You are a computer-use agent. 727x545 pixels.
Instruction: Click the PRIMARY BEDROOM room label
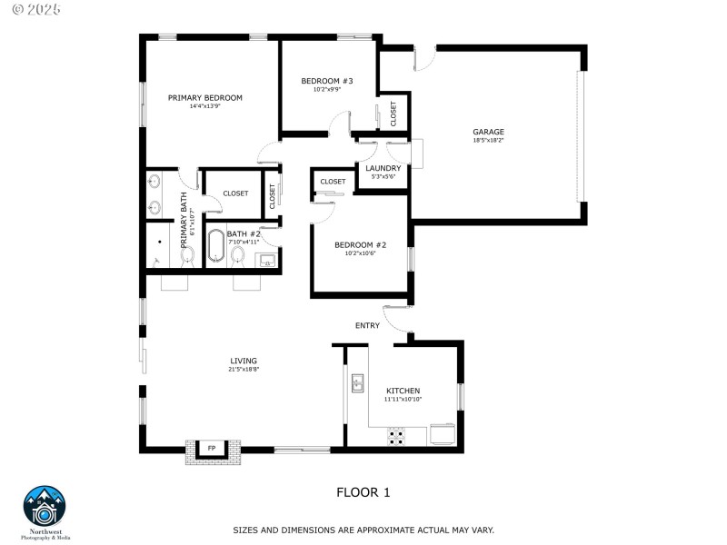[x=204, y=97]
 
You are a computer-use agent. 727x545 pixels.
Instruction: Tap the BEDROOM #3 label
[x=326, y=81]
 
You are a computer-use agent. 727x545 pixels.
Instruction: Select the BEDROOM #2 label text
[x=360, y=244]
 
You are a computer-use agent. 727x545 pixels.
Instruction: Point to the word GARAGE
[x=488, y=132]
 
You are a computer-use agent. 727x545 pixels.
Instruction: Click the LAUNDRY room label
[x=383, y=168]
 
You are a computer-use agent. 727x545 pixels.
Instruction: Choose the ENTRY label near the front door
[x=367, y=325]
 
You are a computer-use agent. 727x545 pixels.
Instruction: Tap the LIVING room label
[x=243, y=361]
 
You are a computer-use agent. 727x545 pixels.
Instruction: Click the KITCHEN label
[x=403, y=390]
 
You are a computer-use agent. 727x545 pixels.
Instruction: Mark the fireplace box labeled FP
[x=212, y=448]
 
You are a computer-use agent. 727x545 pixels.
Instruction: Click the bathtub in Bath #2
[x=215, y=247]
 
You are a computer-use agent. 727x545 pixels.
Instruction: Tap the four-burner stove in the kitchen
[x=397, y=437]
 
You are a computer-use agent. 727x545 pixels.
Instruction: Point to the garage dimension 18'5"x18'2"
[x=488, y=141]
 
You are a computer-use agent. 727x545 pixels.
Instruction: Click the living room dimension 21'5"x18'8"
[x=243, y=370]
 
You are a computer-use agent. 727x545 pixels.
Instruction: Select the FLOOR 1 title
[x=363, y=492]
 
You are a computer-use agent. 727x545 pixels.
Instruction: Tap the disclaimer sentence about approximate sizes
[x=363, y=530]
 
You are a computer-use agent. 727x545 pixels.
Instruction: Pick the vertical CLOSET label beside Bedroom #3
[x=393, y=113]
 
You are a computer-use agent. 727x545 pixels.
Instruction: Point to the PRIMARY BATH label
[x=184, y=214]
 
